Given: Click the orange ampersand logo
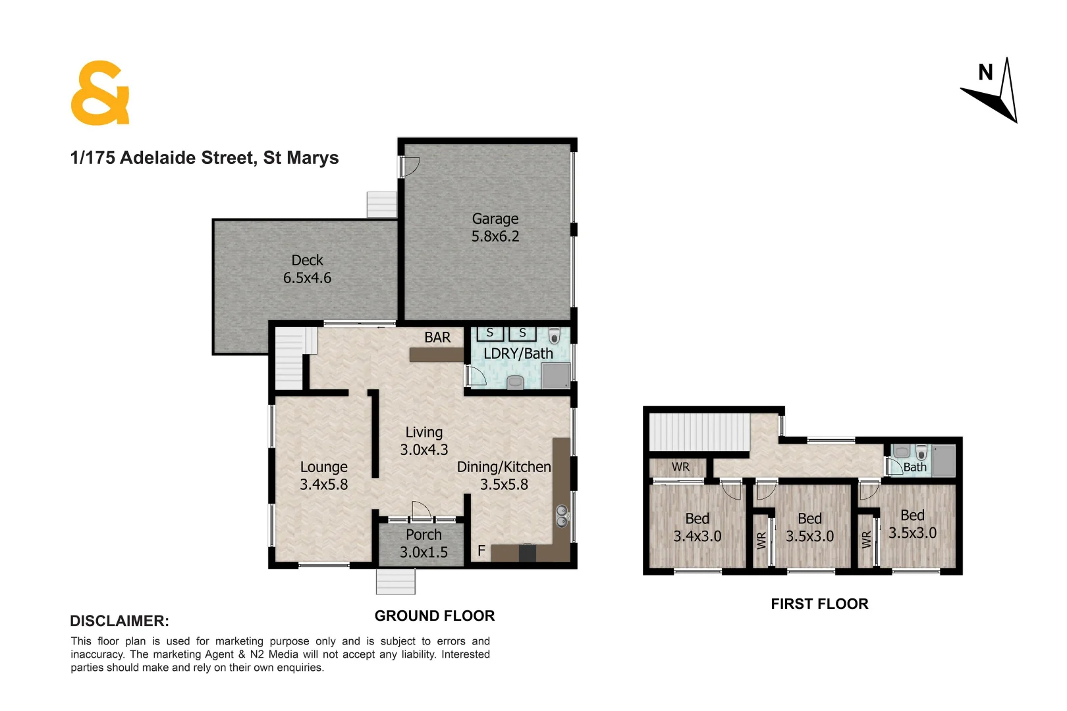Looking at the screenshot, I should click(99, 93).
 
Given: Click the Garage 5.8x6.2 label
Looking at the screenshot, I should click(495, 228).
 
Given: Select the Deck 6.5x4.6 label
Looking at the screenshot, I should click(307, 269).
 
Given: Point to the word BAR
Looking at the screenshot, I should click(437, 338).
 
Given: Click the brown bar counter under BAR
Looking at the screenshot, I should click(436, 355).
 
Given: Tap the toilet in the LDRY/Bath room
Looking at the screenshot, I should click(554, 336).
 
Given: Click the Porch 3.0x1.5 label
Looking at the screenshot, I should click(424, 544).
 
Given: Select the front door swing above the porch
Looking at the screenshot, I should click(421, 510).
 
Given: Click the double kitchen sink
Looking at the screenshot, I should click(562, 515).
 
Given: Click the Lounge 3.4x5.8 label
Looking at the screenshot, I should click(323, 476).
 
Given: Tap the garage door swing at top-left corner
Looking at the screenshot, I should click(411, 166).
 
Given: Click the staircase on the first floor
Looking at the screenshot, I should click(699, 432).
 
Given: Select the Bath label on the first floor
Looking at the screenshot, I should click(914, 467).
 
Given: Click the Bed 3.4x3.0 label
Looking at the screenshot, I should click(697, 528).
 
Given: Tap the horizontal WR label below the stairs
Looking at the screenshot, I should click(680, 467).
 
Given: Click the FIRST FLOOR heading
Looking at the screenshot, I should click(819, 604).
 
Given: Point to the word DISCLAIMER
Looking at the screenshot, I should click(119, 621).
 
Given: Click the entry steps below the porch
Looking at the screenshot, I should click(396, 582).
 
